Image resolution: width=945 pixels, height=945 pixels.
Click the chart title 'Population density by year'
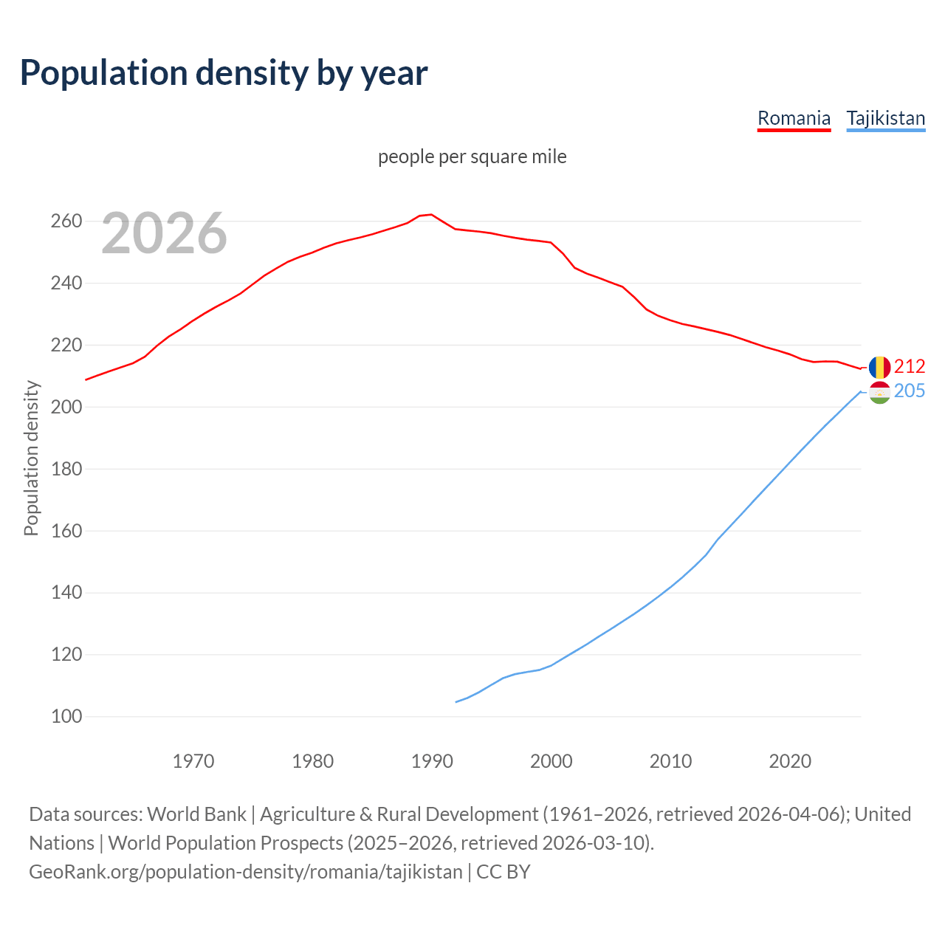224,72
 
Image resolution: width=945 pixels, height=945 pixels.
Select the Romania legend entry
794,118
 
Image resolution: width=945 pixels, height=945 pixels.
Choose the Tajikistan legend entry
885,118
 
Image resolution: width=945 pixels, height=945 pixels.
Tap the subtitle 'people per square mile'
472,157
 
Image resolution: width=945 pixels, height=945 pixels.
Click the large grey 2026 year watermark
164,233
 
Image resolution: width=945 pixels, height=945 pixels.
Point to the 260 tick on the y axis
66,221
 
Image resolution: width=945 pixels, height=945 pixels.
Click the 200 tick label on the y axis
66,407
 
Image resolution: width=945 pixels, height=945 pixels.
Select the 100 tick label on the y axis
66,716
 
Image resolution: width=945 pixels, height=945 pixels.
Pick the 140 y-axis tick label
66,593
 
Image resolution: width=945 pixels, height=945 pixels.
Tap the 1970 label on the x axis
193,761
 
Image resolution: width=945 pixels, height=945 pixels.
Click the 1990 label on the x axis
432,761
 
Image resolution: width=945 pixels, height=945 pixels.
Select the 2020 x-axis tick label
790,761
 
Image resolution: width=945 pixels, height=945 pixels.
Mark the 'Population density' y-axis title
31,458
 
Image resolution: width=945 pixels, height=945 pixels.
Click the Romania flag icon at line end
879,367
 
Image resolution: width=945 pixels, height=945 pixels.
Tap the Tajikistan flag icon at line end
879,393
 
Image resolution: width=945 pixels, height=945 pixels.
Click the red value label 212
910,367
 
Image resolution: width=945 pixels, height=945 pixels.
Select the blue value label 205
910,391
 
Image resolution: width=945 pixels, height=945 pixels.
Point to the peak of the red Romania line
431,215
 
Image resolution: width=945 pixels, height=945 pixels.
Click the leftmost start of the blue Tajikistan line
456,701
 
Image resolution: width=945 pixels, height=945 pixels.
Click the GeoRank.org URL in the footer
246,871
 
